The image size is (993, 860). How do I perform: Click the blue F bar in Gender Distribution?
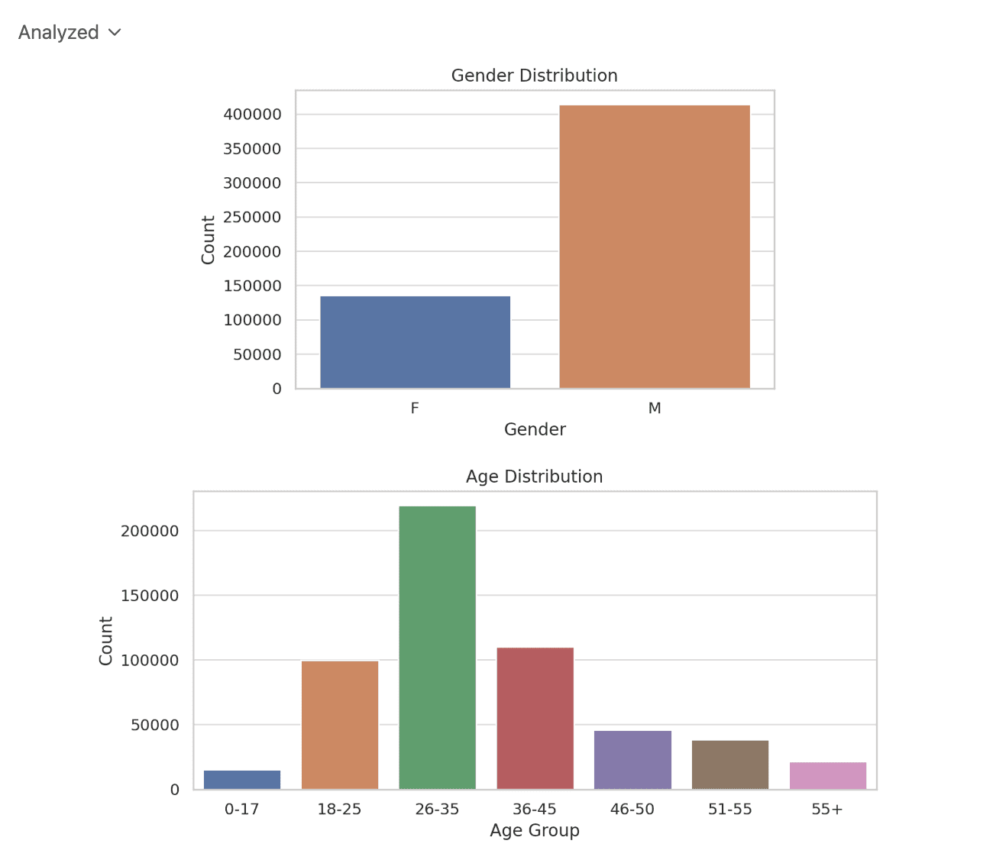tap(415, 342)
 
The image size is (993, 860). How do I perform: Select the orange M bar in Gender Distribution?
tap(655, 247)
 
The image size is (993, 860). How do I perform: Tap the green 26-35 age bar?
tap(437, 648)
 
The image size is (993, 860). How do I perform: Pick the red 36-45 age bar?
tap(535, 718)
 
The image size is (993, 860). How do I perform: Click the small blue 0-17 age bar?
tap(242, 780)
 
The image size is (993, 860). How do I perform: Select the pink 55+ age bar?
tap(828, 776)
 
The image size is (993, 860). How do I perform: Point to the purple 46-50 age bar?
tap(632, 760)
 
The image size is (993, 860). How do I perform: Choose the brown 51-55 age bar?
tap(730, 765)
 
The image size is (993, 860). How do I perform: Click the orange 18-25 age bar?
tap(340, 725)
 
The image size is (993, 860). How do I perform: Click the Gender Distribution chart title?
tap(534, 76)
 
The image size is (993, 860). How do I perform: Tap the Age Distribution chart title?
tap(534, 477)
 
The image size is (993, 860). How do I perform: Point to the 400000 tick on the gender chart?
tap(252, 115)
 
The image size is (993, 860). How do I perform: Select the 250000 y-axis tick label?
tap(252, 218)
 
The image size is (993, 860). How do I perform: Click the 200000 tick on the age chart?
tap(150, 532)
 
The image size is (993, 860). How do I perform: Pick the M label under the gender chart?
tap(655, 409)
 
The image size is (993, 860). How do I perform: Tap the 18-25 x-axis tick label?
tap(339, 810)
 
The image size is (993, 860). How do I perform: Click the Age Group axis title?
tap(534, 831)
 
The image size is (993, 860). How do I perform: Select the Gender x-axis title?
tap(535, 430)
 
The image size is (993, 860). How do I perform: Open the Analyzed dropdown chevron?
tap(115, 33)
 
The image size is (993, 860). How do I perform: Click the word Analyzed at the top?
tap(59, 33)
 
